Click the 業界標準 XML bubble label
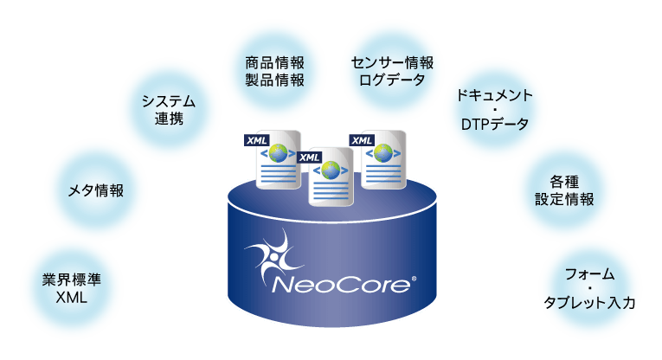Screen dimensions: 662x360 tap(71, 288)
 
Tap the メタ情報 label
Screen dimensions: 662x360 tap(96, 190)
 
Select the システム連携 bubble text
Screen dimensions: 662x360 tap(169, 110)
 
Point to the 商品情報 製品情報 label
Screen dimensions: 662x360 tap(275, 71)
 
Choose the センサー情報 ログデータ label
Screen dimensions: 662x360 tap(392, 71)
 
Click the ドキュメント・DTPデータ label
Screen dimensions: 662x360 tap(494, 110)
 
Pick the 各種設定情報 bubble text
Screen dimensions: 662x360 tap(564, 190)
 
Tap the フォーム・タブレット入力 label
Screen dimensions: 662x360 tap(589, 288)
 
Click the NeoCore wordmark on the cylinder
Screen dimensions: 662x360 tap(341, 285)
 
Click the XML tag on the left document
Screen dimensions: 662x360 tap(257, 140)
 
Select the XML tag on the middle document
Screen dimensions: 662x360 tap(310, 157)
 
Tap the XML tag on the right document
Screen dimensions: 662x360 tap(362, 140)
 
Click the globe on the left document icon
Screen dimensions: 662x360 tap(279, 153)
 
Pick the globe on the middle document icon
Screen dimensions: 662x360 tap(331, 170)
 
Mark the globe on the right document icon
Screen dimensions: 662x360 tap(383, 153)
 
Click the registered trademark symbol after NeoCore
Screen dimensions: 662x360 tap(414, 279)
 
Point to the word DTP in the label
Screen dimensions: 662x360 tap(475, 125)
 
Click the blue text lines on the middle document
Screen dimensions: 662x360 tap(331, 191)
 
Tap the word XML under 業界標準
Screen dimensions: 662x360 tap(71, 298)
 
